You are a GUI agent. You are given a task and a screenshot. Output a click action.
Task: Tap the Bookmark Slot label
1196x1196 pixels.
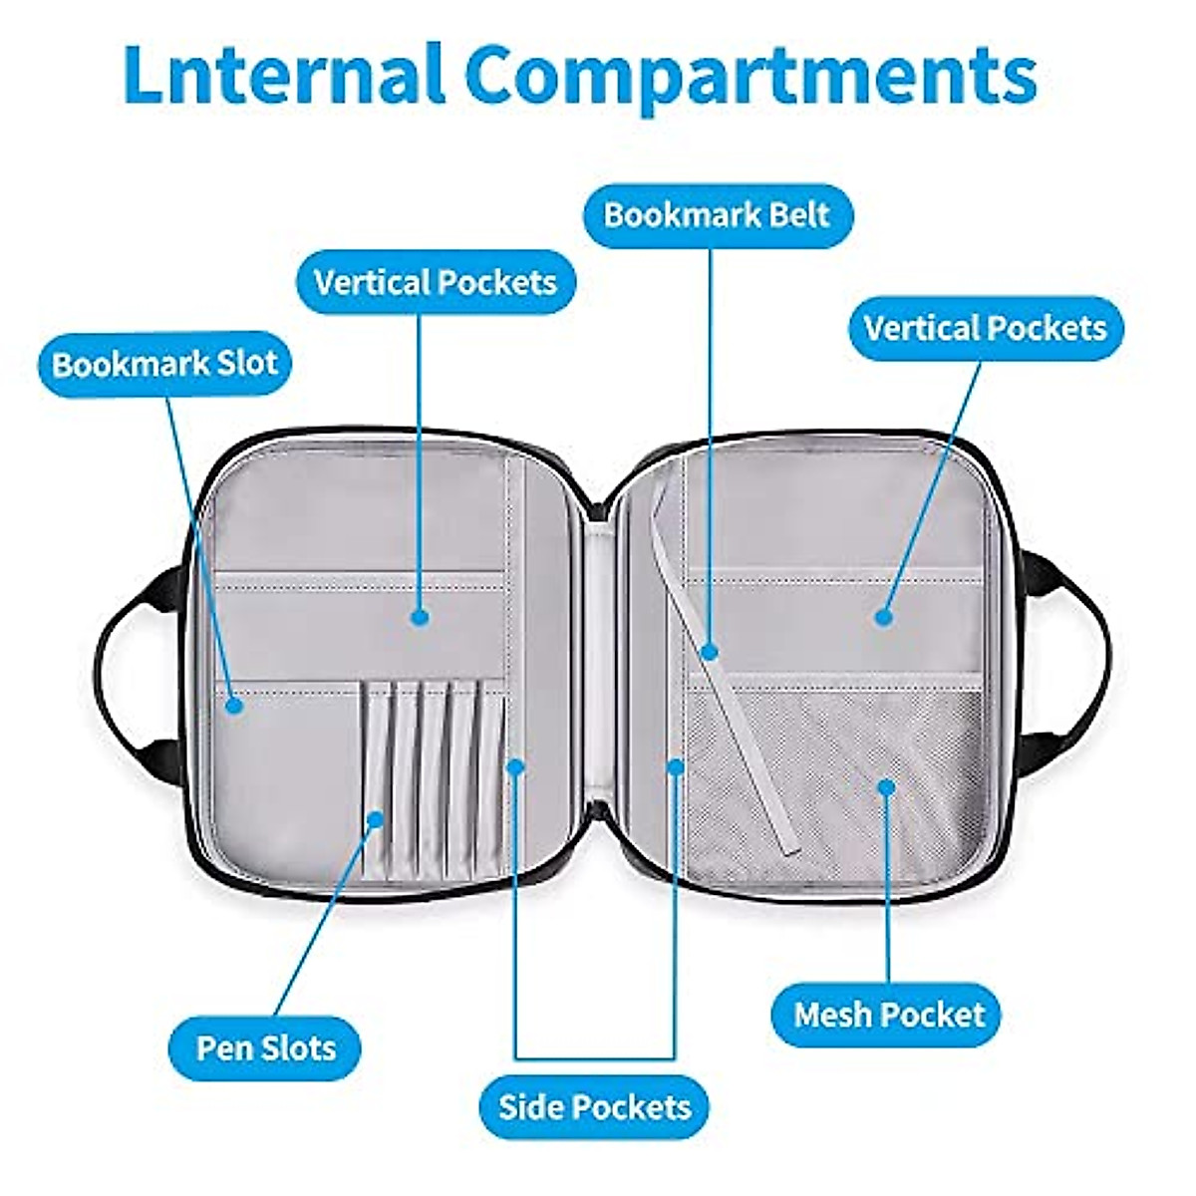(164, 363)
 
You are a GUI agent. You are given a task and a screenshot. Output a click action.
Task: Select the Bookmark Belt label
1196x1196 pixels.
(717, 214)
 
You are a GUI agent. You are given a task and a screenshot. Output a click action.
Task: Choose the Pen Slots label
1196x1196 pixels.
(265, 1047)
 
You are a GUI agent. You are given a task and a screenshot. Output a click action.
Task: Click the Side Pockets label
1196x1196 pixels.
(595, 1106)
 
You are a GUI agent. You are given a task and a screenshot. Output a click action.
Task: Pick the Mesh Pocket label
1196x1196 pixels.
(889, 1015)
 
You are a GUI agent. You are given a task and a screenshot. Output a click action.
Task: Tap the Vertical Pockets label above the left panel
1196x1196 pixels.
(436, 282)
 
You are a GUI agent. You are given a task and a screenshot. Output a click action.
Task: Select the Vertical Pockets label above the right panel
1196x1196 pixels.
(985, 328)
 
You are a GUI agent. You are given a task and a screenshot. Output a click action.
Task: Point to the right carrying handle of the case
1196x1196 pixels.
(1081, 648)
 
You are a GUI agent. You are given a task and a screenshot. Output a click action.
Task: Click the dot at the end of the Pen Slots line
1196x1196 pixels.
(375, 819)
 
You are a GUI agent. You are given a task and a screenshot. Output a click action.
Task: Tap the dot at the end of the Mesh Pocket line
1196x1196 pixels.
(886, 787)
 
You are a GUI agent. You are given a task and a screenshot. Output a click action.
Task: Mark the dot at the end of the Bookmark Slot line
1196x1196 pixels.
(233, 705)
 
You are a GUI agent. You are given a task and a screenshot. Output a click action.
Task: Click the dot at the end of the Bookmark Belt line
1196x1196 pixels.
(710, 652)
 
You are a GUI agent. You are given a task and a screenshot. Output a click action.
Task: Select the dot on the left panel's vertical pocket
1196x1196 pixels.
(421, 617)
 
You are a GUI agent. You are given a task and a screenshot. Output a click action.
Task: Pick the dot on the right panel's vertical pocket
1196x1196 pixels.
(883, 617)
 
